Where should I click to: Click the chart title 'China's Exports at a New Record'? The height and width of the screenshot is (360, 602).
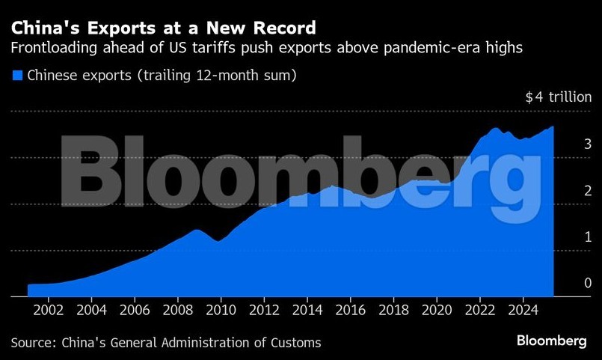(162, 28)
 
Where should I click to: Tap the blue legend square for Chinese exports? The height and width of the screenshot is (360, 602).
(16, 75)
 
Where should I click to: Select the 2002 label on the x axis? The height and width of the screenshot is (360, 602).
(48, 308)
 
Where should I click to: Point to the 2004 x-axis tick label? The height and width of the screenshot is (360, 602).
(91, 308)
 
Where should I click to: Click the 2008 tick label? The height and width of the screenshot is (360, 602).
(177, 308)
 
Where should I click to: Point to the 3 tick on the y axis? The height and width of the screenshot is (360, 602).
(567, 144)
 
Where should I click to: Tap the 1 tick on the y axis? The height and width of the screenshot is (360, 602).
(567, 237)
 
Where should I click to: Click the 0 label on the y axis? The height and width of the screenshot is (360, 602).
(567, 283)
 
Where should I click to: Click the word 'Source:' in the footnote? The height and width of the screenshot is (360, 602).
(34, 342)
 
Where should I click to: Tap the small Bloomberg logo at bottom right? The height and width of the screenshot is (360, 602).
(551, 341)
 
